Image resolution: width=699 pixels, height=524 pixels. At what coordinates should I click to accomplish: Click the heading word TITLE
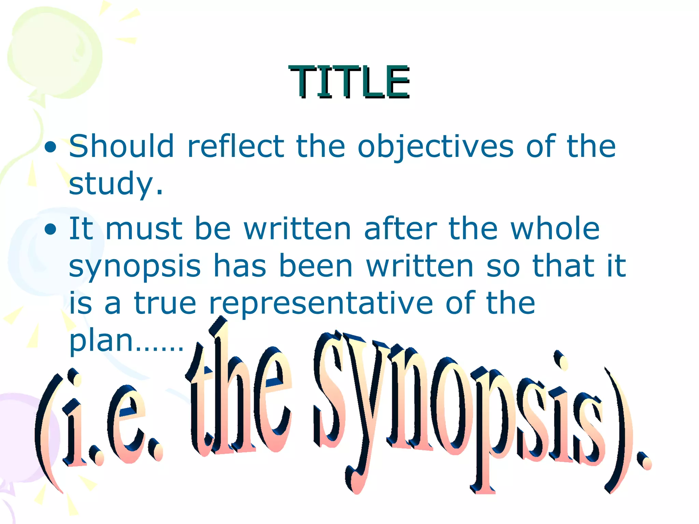click(349, 82)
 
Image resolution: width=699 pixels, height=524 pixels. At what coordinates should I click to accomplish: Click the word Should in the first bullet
click(122, 146)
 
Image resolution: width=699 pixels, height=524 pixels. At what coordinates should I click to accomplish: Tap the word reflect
click(236, 146)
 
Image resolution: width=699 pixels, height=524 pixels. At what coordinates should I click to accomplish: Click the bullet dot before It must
click(51, 230)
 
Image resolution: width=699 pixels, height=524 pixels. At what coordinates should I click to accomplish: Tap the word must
click(144, 229)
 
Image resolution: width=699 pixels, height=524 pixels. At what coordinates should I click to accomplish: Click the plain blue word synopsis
click(135, 267)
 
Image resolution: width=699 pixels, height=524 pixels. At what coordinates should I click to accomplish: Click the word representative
click(321, 304)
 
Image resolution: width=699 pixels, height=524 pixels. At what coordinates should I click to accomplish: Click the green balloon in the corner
click(55, 51)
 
